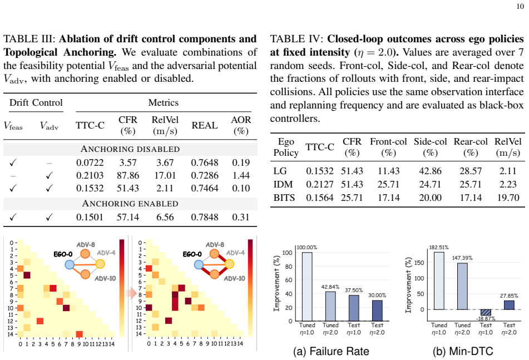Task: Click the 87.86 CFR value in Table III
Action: pos(128,175)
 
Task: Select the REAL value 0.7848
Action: pos(205,217)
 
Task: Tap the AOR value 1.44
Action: pos(241,175)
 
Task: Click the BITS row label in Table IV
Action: pos(284,198)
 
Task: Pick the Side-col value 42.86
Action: pos(430,171)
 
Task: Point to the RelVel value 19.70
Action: pos(508,198)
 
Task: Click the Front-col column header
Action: pos(388,141)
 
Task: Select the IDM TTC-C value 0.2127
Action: pos(319,184)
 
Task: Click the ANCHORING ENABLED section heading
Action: pos(130,204)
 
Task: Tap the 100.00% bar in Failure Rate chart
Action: pos(307,287)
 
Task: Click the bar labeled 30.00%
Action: pos(377,310)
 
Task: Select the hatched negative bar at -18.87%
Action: pos(486,313)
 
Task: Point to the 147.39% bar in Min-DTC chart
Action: pos(462,286)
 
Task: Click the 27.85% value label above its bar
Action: pos(509,296)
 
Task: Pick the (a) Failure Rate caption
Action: pos(331,351)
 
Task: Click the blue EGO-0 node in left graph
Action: pos(70,264)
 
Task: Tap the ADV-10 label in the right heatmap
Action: pos(235,278)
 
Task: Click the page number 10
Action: pos(520,7)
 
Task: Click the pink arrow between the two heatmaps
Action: pos(131,294)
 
